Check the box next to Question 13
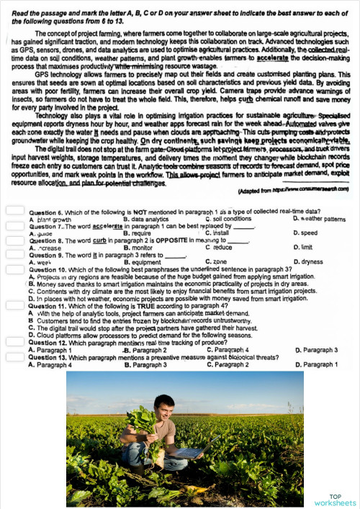coord(15,357)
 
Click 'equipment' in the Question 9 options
coord(143,262)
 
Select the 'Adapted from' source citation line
coord(292,191)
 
